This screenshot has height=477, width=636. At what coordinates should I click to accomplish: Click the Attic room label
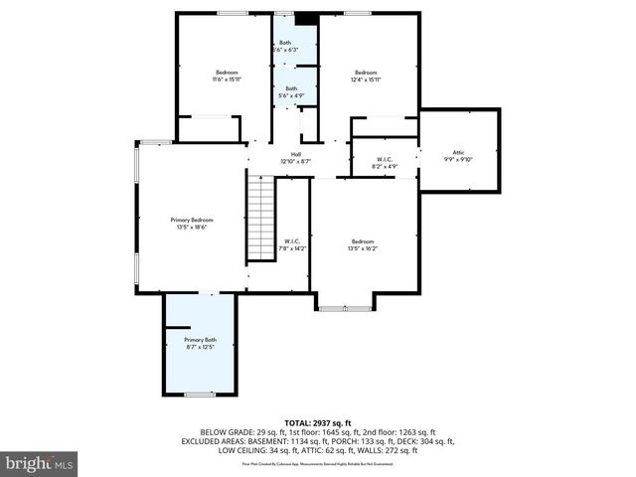click(458, 152)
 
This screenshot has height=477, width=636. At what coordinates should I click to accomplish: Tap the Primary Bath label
click(200, 340)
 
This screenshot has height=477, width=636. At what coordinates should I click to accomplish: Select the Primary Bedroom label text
click(192, 220)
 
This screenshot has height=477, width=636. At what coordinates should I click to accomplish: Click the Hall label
click(296, 153)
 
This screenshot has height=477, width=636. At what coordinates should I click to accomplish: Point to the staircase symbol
click(259, 217)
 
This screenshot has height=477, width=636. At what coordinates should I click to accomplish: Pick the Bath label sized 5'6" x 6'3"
click(286, 43)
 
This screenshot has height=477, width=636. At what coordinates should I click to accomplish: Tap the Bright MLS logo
click(39, 463)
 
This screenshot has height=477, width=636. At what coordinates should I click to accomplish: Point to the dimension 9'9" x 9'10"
click(458, 159)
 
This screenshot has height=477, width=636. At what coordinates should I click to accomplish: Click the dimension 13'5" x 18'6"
click(192, 227)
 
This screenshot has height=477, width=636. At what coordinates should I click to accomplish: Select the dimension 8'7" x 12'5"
click(200, 347)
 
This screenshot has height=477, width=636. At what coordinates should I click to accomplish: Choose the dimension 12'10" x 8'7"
click(296, 160)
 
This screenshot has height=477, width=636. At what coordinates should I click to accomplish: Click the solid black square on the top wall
click(307, 17)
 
